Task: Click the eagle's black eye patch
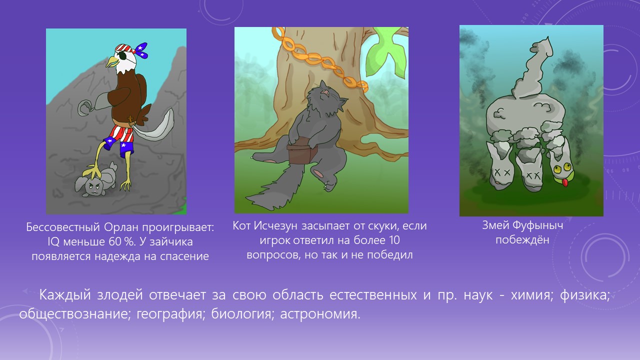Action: pyautogui.click(x=123, y=56)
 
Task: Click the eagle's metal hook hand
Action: pyautogui.click(x=85, y=107)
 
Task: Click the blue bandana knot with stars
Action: pyautogui.click(x=141, y=50)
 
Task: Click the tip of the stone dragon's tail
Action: pyautogui.click(x=547, y=37)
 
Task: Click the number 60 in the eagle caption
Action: pyautogui.click(x=114, y=242)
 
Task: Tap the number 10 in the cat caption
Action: pyautogui.click(x=393, y=240)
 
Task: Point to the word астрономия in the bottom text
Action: pyautogui.click(x=320, y=314)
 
